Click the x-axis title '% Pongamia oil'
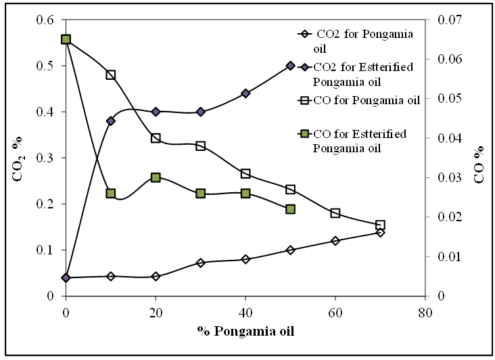(x=246, y=332)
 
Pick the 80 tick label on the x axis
(x=425, y=313)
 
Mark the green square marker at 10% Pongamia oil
(x=111, y=194)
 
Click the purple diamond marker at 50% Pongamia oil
(x=290, y=66)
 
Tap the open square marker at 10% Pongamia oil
(x=111, y=75)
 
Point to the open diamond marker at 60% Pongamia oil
(x=335, y=241)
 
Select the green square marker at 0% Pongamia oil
(x=66, y=39)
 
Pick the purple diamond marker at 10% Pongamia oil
(x=111, y=121)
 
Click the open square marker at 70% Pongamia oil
(x=380, y=225)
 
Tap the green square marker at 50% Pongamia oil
(x=290, y=209)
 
